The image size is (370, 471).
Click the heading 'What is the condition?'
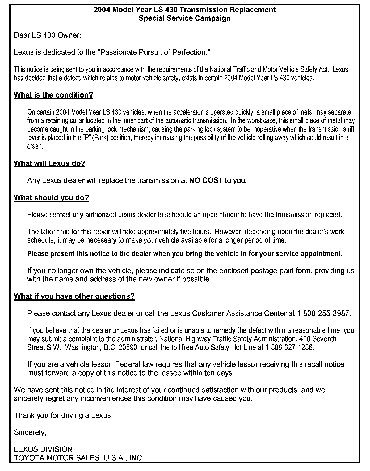pos(53,95)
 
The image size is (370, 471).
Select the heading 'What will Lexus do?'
pos(49,163)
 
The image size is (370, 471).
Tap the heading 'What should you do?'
pos(51,198)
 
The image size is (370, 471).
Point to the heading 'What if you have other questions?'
pos(74,296)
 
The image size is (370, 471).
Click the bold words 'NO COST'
pos(206,180)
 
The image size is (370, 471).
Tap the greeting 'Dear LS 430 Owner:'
pos(48,35)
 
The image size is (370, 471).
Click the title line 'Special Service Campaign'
pos(185,18)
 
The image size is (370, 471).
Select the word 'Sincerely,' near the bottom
pos(30,432)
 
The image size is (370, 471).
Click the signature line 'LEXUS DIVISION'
pos(43,449)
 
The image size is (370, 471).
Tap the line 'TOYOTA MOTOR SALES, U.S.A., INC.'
pos(79,458)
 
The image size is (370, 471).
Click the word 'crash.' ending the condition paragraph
pos(35,146)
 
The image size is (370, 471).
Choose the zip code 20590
pos(127,347)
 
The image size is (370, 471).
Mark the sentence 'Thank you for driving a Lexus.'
pos(64,415)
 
